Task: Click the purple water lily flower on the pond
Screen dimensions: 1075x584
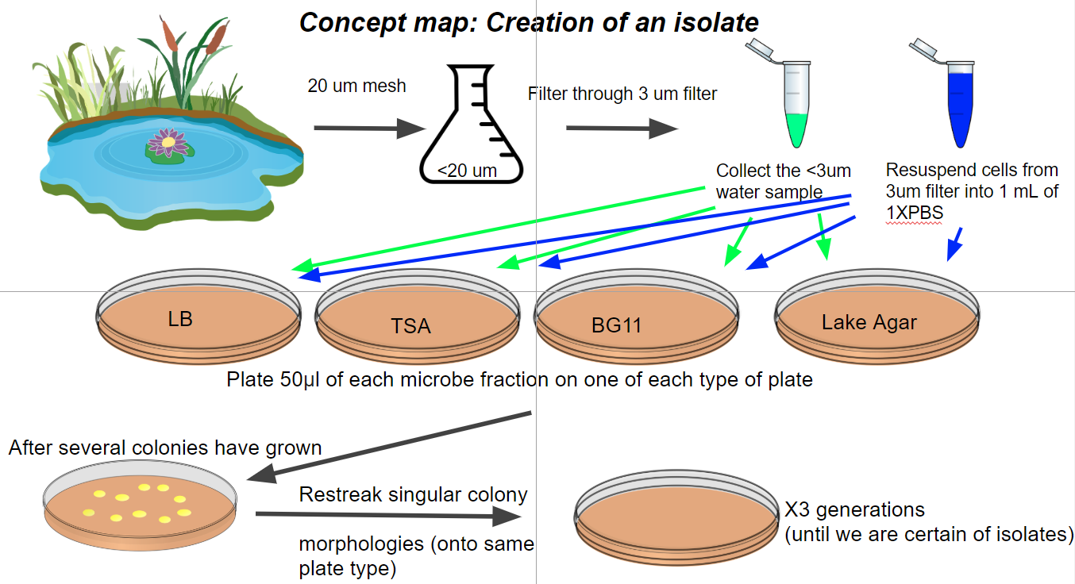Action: (x=168, y=142)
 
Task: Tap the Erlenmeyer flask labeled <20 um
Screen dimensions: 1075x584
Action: (x=472, y=125)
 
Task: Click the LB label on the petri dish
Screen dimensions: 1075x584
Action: (x=180, y=319)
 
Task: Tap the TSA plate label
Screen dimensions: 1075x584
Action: (x=410, y=326)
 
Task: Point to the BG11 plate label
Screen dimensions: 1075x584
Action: (x=616, y=325)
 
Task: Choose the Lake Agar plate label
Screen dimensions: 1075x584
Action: (x=869, y=322)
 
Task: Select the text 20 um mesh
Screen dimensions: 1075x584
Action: (x=356, y=86)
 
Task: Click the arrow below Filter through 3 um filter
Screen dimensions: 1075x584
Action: (x=622, y=129)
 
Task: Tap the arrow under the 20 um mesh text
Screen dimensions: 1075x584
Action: (x=369, y=129)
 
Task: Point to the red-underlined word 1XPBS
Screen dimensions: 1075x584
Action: (x=915, y=213)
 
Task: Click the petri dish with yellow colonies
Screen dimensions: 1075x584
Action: (x=140, y=505)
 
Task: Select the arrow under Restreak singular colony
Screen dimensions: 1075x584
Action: (x=389, y=516)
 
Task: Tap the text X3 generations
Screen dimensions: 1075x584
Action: (x=855, y=509)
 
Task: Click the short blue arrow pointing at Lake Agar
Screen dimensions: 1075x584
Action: (x=954, y=244)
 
